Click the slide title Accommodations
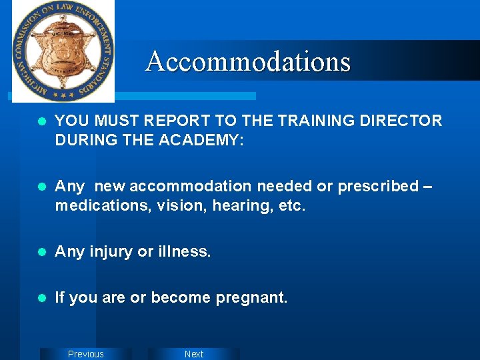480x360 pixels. point(248,61)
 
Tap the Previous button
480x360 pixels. point(86,354)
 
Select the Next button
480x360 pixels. point(194,354)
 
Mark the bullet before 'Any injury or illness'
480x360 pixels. point(41,252)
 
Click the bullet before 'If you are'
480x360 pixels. point(41,298)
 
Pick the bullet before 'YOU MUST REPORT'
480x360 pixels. point(41,121)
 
